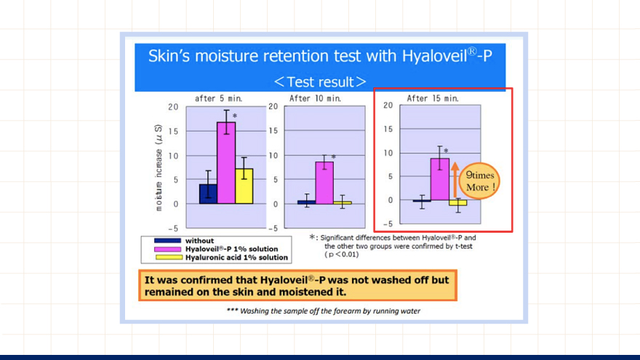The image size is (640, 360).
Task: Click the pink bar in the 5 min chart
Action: (x=226, y=163)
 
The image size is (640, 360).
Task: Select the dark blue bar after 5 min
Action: (x=208, y=194)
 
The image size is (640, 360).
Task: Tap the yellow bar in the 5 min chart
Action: (x=244, y=186)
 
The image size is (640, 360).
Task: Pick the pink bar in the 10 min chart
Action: (x=324, y=183)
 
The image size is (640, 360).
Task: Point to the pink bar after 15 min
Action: (x=440, y=179)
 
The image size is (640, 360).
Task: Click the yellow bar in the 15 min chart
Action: (x=458, y=203)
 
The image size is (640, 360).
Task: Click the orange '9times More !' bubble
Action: (x=480, y=181)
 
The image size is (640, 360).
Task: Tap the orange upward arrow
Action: (x=455, y=180)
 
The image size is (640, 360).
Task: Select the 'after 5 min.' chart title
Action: (x=218, y=98)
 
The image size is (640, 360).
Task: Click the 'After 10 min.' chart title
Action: (x=315, y=98)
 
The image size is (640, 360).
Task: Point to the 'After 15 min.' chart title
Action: (x=433, y=98)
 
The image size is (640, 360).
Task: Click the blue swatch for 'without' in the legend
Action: (x=167, y=241)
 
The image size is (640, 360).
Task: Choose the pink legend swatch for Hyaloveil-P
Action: (x=167, y=249)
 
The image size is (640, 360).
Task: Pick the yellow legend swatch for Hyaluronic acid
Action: (x=169, y=257)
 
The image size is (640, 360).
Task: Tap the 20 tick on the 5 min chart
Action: (x=173, y=107)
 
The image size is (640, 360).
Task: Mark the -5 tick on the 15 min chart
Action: (x=388, y=224)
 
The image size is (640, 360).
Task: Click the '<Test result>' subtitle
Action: (x=320, y=82)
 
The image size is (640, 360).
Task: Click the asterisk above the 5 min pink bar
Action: (x=235, y=116)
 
